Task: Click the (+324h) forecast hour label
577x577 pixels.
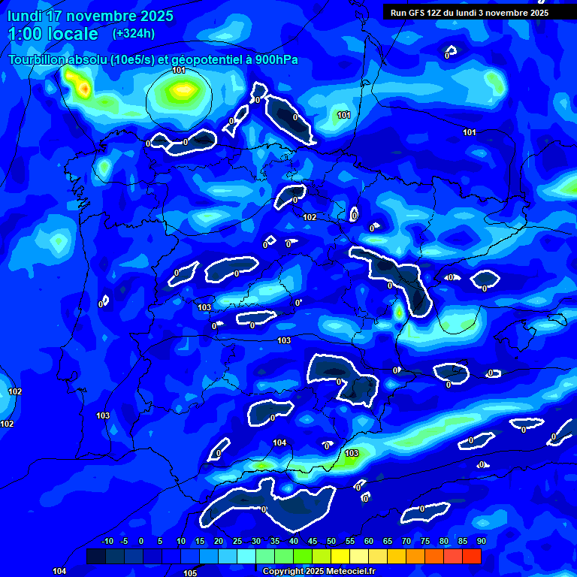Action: (134, 33)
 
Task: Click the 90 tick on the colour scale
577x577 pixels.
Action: (481, 541)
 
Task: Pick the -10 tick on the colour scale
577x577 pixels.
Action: (107, 541)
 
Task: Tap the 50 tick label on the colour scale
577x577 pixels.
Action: (331, 541)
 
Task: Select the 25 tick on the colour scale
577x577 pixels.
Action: (237, 541)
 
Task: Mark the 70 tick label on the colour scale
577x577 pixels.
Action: (406, 541)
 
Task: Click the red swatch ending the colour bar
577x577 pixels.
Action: (471, 556)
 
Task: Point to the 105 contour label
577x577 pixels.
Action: (190, 573)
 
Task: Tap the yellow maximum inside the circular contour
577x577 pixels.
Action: (182, 91)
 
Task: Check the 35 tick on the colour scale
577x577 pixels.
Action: (274, 541)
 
